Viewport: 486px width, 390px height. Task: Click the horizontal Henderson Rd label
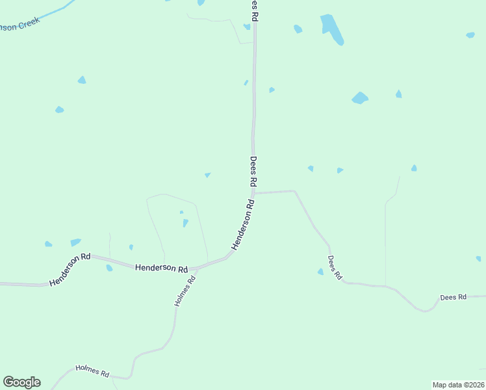pyautogui.click(x=161, y=268)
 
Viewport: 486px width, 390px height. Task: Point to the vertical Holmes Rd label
pyautogui.click(x=185, y=292)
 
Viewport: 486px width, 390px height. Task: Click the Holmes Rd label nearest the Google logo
pyautogui.click(x=92, y=370)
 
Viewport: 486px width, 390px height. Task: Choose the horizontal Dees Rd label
pyautogui.click(x=453, y=297)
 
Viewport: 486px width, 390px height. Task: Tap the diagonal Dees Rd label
pyautogui.click(x=335, y=266)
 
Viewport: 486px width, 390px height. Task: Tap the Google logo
pyautogui.click(x=21, y=382)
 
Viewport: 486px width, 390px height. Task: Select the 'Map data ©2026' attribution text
pyautogui.click(x=458, y=384)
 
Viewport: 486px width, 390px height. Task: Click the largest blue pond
pyautogui.click(x=331, y=28)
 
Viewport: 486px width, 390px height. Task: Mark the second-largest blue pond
pyautogui.click(x=360, y=98)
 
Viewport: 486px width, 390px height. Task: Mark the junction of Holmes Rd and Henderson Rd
pyautogui.click(x=196, y=268)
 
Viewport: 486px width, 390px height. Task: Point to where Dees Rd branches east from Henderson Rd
pyautogui.click(x=253, y=193)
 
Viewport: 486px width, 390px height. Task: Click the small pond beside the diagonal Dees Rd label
pyautogui.click(x=320, y=272)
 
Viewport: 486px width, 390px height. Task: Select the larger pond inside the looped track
pyautogui.click(x=185, y=223)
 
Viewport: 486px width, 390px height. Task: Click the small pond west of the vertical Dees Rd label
pyautogui.click(x=207, y=175)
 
